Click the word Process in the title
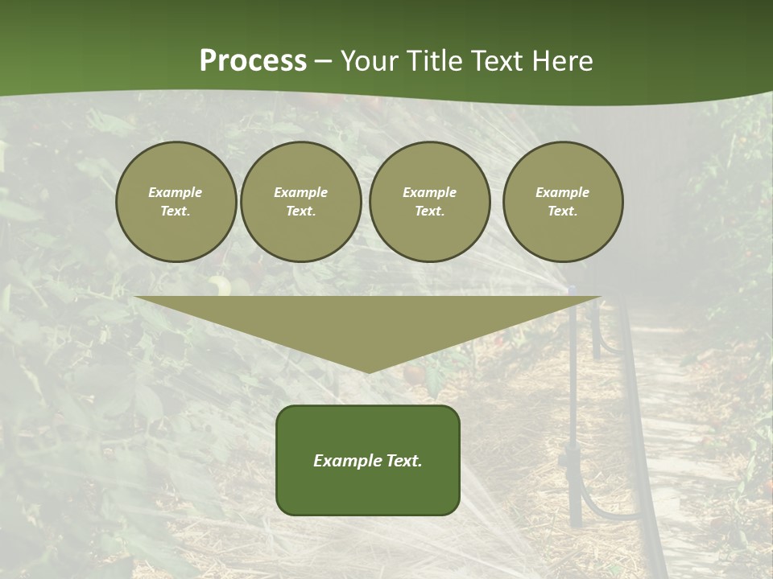pyautogui.click(x=253, y=61)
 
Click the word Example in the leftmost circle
pyautogui.click(x=176, y=192)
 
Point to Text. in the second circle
pyautogui.click(x=300, y=211)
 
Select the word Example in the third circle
pyautogui.click(x=429, y=192)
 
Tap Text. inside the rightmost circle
pyautogui.click(x=563, y=211)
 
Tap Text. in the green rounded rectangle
pyautogui.click(x=403, y=461)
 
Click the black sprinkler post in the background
pyautogui.click(x=573, y=418)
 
